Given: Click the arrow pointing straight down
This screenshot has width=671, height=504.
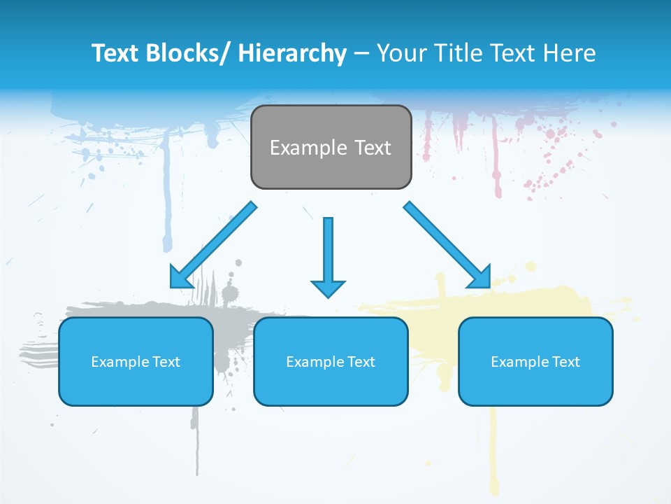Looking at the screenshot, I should (x=328, y=255).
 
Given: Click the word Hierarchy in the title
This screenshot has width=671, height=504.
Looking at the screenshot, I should (x=291, y=53).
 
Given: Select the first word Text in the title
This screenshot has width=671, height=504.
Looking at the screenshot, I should (x=115, y=53).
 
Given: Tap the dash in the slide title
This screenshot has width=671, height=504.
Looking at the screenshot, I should (x=361, y=53).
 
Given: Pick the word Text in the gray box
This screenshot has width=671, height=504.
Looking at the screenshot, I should (x=372, y=148).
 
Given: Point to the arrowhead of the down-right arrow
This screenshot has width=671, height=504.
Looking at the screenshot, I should (x=479, y=276).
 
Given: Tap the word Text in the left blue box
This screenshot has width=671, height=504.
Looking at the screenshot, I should (x=166, y=362).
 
